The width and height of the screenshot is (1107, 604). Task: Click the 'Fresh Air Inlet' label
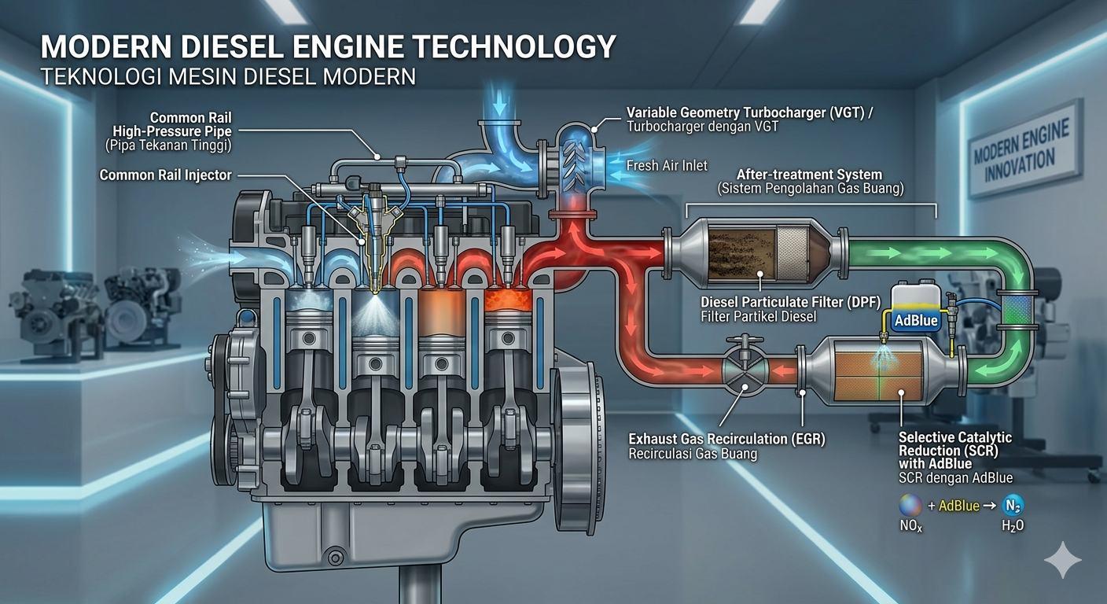[x=667, y=165]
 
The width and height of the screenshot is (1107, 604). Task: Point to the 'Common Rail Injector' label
[x=165, y=175]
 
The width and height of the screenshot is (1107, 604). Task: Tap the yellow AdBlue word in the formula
[x=958, y=506]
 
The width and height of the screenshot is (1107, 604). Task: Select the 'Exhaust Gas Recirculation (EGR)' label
[x=726, y=439]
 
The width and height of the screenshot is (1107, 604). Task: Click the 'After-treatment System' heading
[x=810, y=174]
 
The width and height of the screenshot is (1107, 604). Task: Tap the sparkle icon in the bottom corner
[x=1062, y=559]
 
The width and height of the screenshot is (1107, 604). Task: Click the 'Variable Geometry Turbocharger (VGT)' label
[x=749, y=112]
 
